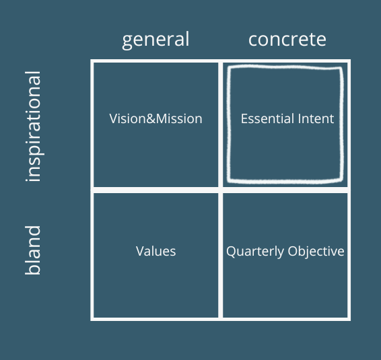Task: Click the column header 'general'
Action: pyautogui.click(x=155, y=40)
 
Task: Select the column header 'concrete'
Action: pyautogui.click(x=287, y=40)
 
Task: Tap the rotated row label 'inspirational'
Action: pyautogui.click(x=34, y=127)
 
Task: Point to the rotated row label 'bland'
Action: pyautogui.click(x=33, y=250)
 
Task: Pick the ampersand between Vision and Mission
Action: pyautogui.click(x=151, y=119)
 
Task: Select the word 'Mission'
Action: pyautogui.click(x=179, y=119)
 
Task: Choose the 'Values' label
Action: pyautogui.click(x=155, y=251)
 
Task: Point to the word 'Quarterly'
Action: pyautogui.click(x=255, y=252)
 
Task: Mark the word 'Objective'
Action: pyautogui.click(x=316, y=252)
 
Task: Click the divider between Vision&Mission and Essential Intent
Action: pyautogui.click(x=220, y=125)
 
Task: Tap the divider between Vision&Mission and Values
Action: pyautogui.click(x=155, y=190)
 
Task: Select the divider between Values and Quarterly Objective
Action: pyautogui.click(x=220, y=255)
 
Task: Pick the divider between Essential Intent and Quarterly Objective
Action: pyautogui.click(x=285, y=190)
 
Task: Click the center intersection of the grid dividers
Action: pyautogui.click(x=220, y=190)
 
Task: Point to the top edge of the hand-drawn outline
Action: pyautogui.click(x=285, y=67)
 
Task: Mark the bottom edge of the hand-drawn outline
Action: pyautogui.click(x=285, y=181)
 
